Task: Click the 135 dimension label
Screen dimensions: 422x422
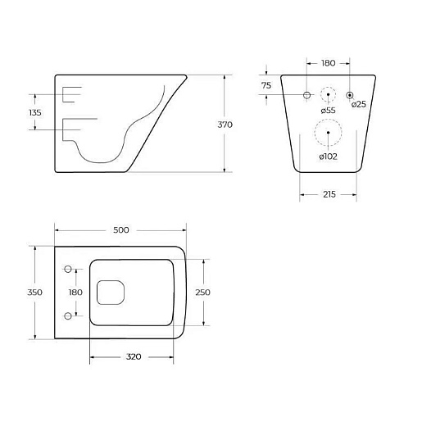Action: (35, 112)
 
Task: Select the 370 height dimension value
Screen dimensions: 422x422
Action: (225, 125)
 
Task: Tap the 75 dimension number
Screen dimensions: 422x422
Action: (266, 85)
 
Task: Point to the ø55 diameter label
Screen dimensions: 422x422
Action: (328, 111)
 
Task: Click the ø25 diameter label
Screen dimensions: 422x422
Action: (359, 104)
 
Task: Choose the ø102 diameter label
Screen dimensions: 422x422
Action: (328, 157)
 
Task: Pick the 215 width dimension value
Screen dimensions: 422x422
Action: (329, 194)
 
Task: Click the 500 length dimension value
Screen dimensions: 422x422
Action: (121, 230)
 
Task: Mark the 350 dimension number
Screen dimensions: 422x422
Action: (34, 293)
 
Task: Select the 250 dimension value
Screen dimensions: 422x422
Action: (202, 293)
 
